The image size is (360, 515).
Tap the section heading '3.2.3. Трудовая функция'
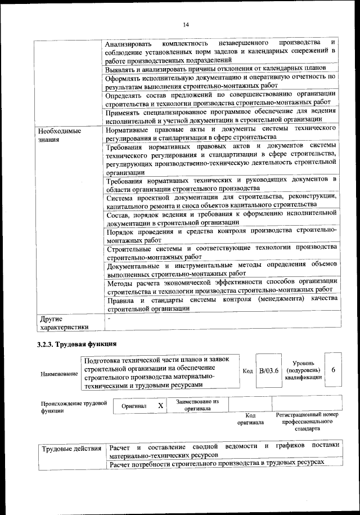point(76,343)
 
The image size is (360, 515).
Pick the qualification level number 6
point(334,370)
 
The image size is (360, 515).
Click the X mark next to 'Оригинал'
point(160,405)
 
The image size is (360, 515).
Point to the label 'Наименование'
point(59,374)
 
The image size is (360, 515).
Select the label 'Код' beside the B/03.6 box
point(247,371)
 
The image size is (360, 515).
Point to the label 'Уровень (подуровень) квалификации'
point(303,370)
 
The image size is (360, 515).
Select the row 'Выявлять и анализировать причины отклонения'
point(215,68)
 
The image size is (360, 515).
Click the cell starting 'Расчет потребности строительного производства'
point(217,462)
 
